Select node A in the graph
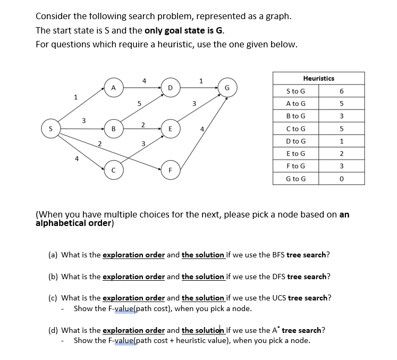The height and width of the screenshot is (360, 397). click(113, 87)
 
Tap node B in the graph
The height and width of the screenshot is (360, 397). click(113, 129)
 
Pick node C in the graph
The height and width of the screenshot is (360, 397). click(113, 170)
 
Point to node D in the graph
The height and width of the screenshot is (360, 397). click(170, 87)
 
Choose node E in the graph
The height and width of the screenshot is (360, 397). click(170, 129)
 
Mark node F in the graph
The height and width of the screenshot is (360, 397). click(170, 170)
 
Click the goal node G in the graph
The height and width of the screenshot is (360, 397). click(227, 87)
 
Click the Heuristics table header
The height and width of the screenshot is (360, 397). click(319, 78)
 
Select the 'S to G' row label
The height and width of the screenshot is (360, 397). click(295, 91)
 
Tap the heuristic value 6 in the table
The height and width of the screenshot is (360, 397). click(342, 91)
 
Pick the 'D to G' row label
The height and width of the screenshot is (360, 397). click(295, 141)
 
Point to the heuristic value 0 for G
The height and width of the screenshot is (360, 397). click(342, 179)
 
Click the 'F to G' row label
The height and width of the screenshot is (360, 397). click(295, 166)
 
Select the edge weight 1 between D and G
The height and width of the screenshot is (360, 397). click(200, 81)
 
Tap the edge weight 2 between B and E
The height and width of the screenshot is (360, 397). click(143, 124)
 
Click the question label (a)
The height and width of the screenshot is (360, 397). click(53, 255)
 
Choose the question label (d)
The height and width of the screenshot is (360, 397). click(53, 330)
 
